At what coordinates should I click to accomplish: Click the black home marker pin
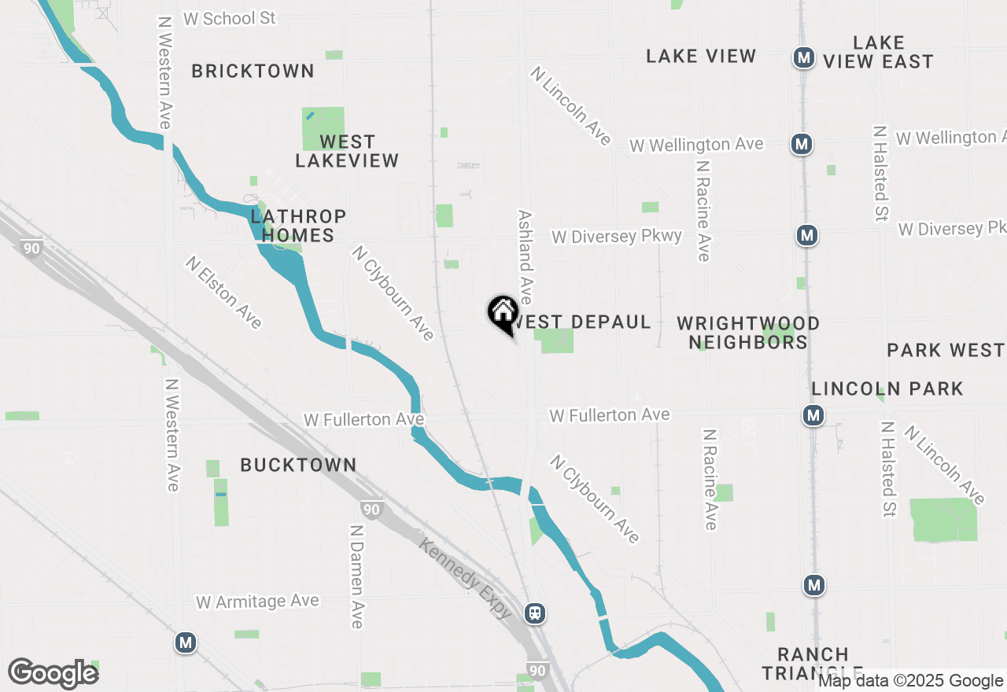[x=503, y=314]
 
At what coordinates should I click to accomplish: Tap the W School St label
[x=230, y=18]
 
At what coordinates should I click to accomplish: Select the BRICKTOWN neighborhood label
[x=253, y=71]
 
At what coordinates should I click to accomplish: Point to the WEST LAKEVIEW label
[x=347, y=151]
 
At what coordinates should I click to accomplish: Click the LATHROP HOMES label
[x=298, y=226]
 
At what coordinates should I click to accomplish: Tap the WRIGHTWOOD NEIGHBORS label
[x=748, y=333]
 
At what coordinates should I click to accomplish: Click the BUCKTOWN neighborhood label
[x=298, y=465]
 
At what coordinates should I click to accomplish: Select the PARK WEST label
[x=945, y=350]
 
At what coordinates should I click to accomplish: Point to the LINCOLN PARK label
[x=887, y=388]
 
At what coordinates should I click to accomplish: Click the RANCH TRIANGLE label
[x=813, y=663]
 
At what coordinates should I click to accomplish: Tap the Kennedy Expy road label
[x=465, y=578]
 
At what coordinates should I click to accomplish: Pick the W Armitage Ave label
[x=257, y=602]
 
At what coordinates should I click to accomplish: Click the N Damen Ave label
[x=356, y=576]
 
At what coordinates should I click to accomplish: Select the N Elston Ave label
[x=223, y=292]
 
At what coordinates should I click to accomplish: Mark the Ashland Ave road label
[x=525, y=256]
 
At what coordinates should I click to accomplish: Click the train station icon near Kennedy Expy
[x=535, y=613]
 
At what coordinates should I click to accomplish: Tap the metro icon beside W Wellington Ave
[x=802, y=144]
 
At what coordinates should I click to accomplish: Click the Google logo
[x=53, y=673]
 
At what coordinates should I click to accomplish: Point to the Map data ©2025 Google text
[x=910, y=681]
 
